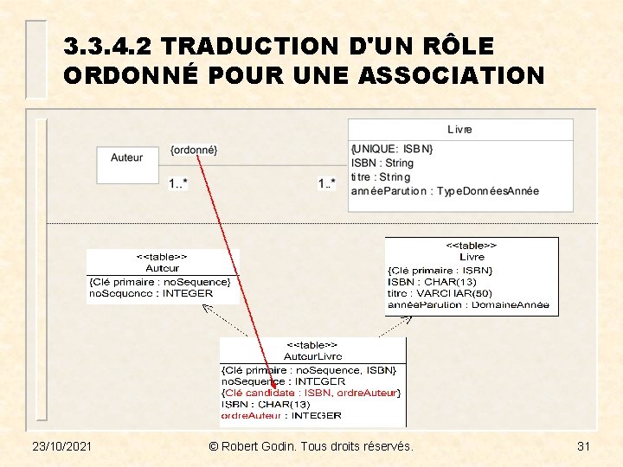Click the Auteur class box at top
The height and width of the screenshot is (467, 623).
(x=126, y=158)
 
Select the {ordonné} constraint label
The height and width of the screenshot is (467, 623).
(x=194, y=150)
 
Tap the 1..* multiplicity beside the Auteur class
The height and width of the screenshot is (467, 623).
(x=178, y=183)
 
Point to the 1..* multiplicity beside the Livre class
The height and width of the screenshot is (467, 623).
(x=327, y=183)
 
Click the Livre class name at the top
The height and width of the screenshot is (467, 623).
(x=459, y=130)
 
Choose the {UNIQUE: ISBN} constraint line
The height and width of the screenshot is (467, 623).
(x=392, y=150)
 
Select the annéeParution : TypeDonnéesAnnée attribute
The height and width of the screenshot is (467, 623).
(x=445, y=191)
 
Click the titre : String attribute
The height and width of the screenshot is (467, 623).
(x=381, y=177)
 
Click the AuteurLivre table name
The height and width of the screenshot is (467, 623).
(x=312, y=356)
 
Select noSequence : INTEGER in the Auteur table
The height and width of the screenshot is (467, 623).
(x=151, y=293)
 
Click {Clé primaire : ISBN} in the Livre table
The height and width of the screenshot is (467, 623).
(x=440, y=270)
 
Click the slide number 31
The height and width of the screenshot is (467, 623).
(x=583, y=446)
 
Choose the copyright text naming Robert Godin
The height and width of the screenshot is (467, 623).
(x=311, y=446)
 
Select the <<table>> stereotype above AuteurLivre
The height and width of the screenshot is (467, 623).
(x=312, y=345)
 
